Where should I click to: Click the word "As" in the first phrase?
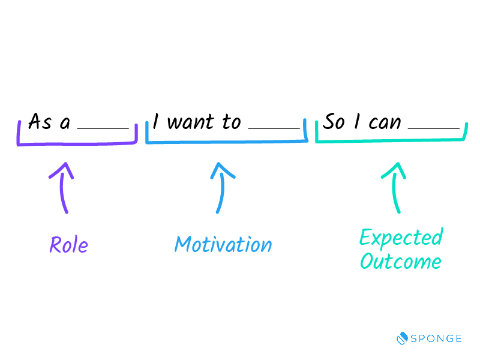(40, 121)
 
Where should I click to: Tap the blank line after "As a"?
(103, 128)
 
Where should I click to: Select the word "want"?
(190, 122)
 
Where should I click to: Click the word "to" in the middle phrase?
(232, 122)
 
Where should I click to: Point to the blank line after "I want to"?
(274, 128)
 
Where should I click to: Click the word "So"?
(334, 121)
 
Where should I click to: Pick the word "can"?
(385, 123)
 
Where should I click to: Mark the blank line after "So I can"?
(433, 128)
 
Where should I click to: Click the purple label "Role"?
(68, 245)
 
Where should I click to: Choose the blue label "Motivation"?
(223, 244)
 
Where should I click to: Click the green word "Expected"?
(401, 238)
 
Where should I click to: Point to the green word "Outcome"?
(401, 261)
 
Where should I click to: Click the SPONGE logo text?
(436, 338)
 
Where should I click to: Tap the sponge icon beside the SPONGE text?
(402, 338)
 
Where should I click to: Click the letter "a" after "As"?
(65, 123)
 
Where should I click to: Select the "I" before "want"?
(156, 121)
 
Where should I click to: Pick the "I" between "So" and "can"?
(356, 121)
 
